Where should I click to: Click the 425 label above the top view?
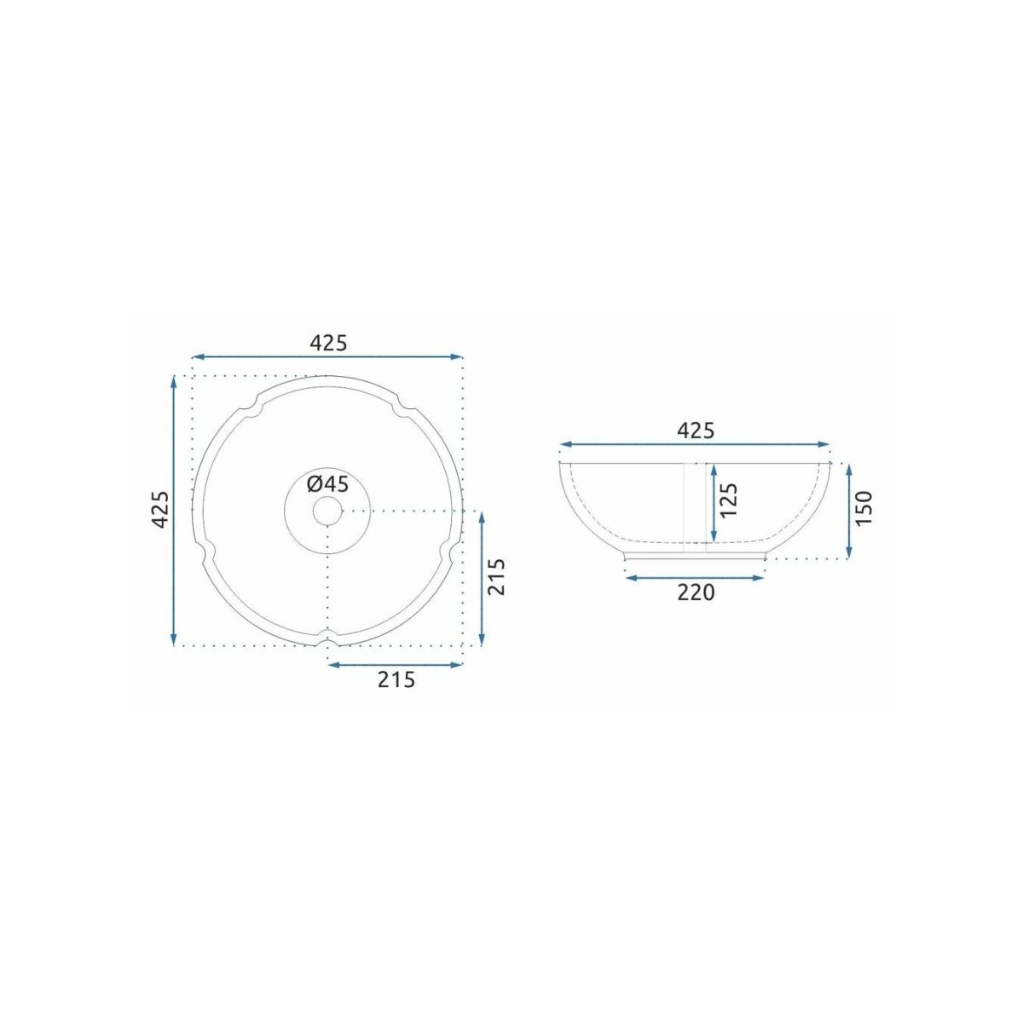328,343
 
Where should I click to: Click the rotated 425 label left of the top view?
159,510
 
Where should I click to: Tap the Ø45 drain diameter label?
328,484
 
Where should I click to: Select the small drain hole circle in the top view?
327,511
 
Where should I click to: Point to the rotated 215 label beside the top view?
495,578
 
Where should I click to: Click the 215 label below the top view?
396,679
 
